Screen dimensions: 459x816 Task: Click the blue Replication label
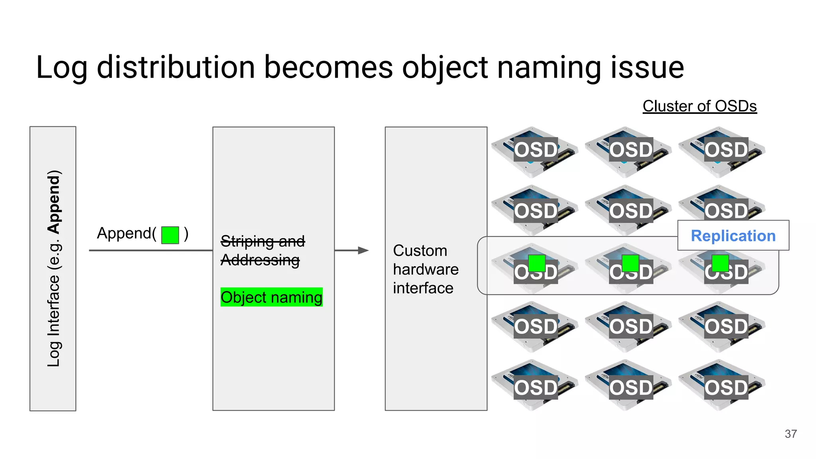[733, 235]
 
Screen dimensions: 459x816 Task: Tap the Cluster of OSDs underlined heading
[699, 106]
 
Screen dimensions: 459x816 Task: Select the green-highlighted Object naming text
[271, 297]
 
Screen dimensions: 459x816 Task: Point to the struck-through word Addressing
[260, 260]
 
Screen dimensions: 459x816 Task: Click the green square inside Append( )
[170, 235]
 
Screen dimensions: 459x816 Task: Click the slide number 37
[790, 433]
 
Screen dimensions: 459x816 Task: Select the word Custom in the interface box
[420, 251]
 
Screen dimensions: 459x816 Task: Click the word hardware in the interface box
[426, 269]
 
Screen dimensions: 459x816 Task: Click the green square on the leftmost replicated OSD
[536, 263]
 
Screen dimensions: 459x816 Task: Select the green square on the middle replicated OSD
[630, 263]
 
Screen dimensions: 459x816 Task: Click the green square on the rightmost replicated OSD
[720, 263]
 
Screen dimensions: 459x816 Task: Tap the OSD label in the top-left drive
[535, 150]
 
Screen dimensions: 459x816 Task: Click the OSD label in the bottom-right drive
[726, 387]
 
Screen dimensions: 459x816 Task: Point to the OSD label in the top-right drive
[726, 150]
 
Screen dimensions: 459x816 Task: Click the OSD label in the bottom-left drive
[535, 387]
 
